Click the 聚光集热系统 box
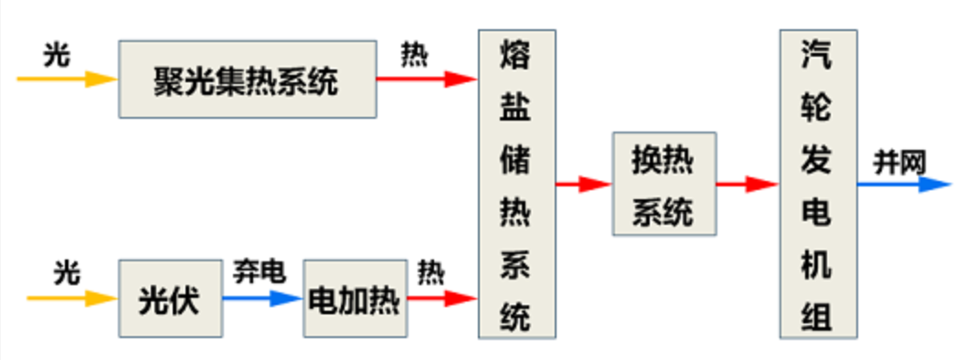click(x=247, y=79)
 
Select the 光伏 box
click(x=170, y=299)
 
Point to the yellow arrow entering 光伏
click(x=72, y=298)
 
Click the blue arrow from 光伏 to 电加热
click(x=261, y=298)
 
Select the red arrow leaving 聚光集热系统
click(x=426, y=79)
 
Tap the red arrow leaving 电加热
click(x=440, y=298)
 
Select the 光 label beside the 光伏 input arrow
click(x=66, y=272)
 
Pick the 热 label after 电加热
click(x=430, y=272)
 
